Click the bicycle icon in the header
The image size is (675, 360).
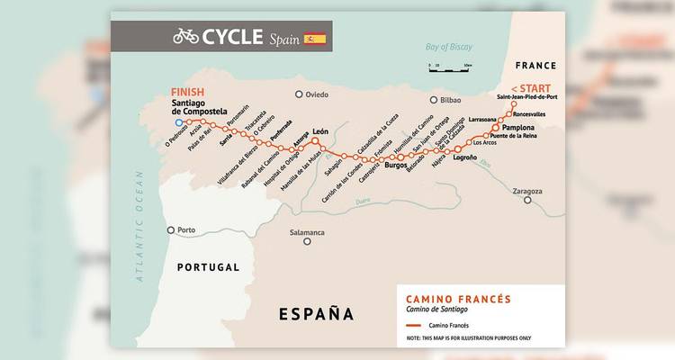[186, 36]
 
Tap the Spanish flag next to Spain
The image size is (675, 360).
[315, 38]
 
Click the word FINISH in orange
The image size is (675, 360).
[187, 92]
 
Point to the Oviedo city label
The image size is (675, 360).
[322, 94]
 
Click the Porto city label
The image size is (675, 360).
[187, 229]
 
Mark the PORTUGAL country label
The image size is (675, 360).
[208, 267]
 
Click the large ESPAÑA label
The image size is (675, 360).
[316, 314]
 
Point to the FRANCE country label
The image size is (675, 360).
[536, 66]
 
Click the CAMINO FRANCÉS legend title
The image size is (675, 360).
[458, 299]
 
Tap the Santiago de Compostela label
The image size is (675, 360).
[209, 111]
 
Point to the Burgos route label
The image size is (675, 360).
[396, 166]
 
